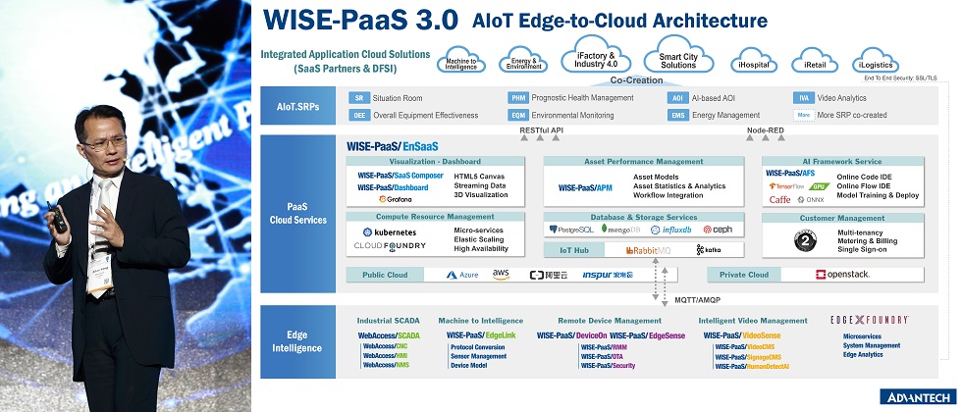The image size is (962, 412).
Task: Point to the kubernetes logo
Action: click(x=391, y=232)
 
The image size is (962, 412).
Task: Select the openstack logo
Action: click(x=842, y=275)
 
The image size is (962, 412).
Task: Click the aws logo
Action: click(x=501, y=275)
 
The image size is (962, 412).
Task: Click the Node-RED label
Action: click(x=765, y=129)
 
